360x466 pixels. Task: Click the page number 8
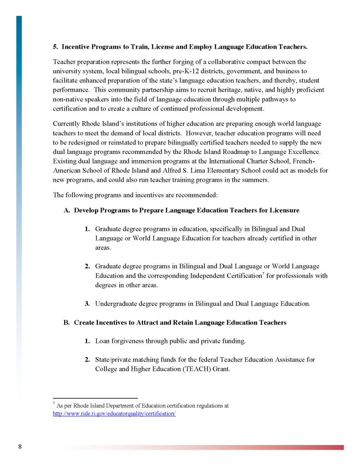[20, 446]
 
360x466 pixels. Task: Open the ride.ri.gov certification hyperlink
[114, 414]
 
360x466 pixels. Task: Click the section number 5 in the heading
[55, 47]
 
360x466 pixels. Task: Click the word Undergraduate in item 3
[117, 303]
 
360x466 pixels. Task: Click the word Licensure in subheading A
[284, 210]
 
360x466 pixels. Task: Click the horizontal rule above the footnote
[95, 398]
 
